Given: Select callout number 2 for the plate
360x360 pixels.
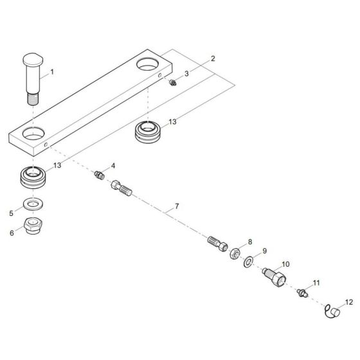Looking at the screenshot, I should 213,59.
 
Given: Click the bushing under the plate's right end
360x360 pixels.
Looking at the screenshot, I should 148,133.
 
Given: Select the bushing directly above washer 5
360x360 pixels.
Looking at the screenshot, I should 32,177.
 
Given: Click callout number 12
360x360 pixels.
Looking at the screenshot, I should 349,302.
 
